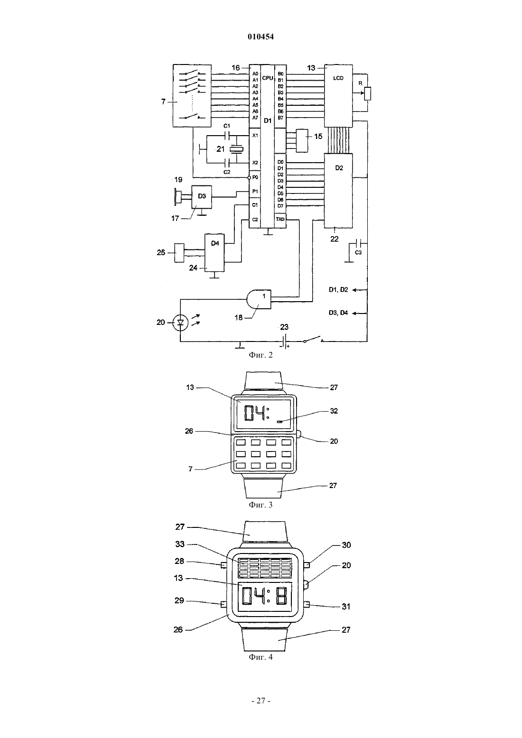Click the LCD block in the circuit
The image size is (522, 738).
point(338,96)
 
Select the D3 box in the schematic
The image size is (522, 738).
point(202,197)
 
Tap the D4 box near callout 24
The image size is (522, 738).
point(214,252)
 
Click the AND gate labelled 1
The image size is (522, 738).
point(259,299)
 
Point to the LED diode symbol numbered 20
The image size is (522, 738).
point(180,323)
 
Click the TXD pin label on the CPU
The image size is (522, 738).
point(280,219)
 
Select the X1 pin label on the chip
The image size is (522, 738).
point(255,135)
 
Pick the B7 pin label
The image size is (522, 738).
point(280,118)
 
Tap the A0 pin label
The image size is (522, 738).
point(255,74)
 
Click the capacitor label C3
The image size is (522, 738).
point(358,252)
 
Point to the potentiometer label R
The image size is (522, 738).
point(360,83)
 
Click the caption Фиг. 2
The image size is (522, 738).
point(261,355)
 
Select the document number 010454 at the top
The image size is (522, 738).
point(261,37)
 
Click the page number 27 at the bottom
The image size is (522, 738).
point(261,701)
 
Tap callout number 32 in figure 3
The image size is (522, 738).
point(334,411)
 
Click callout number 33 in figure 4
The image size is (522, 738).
point(180,544)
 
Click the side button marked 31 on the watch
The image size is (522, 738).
point(307,604)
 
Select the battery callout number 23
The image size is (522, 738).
point(284,327)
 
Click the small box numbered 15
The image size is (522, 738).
point(302,141)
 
